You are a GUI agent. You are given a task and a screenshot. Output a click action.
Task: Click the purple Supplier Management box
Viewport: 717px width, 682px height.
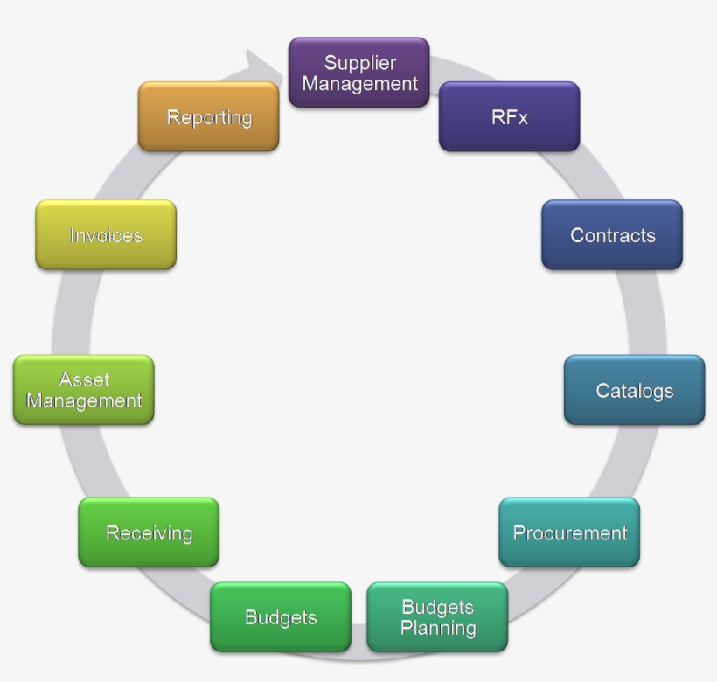(358, 73)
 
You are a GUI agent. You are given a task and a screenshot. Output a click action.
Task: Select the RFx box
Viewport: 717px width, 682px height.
(509, 117)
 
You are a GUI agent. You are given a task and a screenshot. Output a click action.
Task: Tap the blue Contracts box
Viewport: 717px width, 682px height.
(612, 235)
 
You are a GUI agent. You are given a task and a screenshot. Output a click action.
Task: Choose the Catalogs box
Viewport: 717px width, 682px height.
(634, 390)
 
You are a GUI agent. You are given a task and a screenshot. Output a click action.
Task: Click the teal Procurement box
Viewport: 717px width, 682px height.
(569, 532)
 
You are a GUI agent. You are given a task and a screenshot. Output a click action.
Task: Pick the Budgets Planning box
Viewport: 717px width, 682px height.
(437, 617)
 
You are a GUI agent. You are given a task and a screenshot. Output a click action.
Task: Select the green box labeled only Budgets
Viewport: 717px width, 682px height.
(280, 617)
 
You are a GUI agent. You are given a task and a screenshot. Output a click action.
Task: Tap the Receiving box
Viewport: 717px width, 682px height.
(149, 532)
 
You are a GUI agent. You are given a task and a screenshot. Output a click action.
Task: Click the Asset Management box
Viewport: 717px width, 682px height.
(84, 390)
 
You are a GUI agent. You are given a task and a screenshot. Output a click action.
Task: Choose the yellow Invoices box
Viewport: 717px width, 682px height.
(106, 235)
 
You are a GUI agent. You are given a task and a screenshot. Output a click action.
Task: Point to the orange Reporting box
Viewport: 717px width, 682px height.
(209, 117)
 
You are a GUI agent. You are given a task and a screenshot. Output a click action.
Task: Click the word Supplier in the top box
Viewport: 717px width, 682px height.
(360, 63)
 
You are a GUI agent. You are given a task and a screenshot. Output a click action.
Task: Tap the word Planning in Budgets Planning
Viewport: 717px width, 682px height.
(438, 628)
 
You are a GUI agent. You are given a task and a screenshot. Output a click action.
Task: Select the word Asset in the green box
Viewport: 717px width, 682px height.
(84, 379)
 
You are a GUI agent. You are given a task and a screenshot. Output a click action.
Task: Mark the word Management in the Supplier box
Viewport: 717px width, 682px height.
(360, 84)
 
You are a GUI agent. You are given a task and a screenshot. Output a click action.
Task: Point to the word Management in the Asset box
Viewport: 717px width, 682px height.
(84, 401)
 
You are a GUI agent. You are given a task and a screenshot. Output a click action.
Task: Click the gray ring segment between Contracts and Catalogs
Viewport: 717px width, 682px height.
(644, 312)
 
